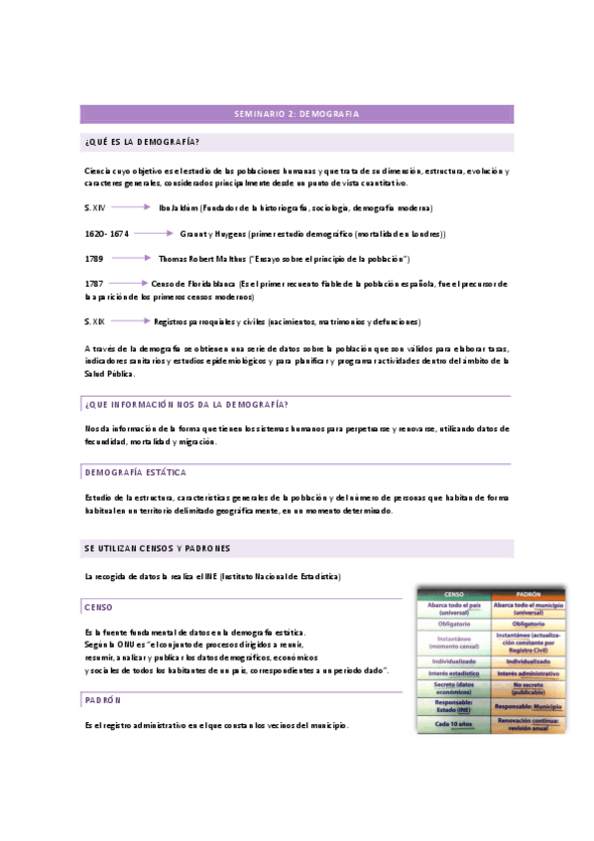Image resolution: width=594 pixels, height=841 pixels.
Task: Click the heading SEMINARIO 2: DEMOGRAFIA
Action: point(296,114)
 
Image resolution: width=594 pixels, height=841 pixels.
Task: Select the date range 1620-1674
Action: point(107,233)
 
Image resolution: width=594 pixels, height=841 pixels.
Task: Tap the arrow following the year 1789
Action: point(130,258)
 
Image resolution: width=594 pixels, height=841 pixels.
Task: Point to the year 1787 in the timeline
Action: point(95,284)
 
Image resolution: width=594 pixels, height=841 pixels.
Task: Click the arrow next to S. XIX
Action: point(129,321)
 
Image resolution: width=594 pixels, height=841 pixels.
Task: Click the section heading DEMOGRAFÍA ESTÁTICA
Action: point(136,472)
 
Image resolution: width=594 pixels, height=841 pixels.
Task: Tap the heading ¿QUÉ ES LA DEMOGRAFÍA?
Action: point(143,141)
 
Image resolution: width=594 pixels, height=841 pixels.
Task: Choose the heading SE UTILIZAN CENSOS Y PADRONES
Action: point(158,548)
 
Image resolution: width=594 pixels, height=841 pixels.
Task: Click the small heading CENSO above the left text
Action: point(99,606)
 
